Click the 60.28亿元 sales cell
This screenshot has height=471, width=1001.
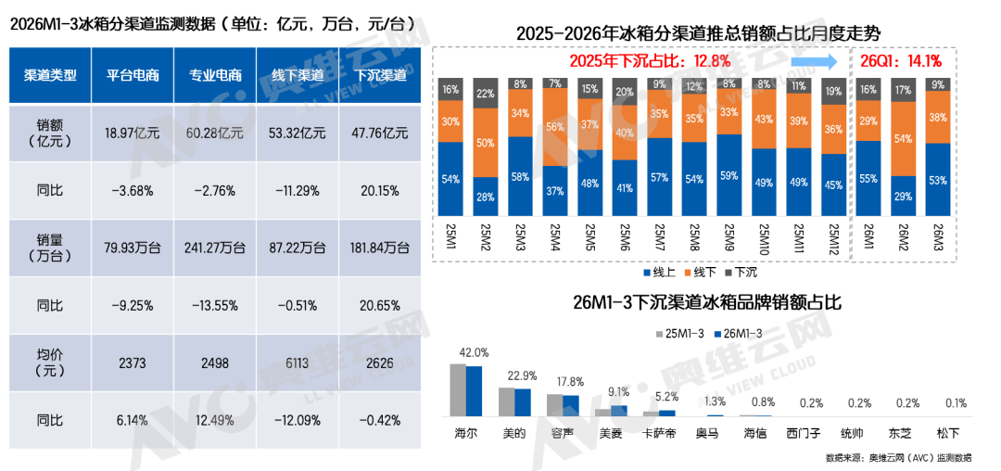(x=209, y=133)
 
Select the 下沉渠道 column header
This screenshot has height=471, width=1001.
(x=374, y=75)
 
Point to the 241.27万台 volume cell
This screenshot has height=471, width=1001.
(x=209, y=248)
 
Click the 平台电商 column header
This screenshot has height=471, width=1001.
(x=132, y=75)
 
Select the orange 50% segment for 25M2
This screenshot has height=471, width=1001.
(x=485, y=144)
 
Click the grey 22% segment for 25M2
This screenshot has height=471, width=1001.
(x=485, y=94)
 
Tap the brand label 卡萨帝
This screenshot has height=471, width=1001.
(x=660, y=433)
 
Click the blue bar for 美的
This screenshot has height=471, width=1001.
(x=523, y=403)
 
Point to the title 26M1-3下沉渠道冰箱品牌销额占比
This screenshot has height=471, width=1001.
(x=706, y=302)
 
